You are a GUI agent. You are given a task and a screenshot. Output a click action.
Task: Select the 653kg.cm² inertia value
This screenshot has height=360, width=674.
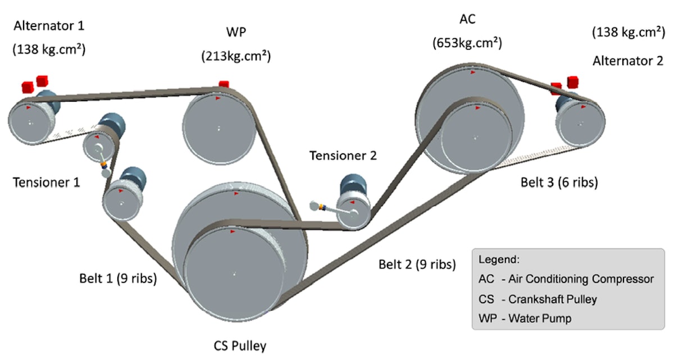(467, 43)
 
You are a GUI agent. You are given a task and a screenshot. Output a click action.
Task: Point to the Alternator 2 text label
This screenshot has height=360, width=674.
(628, 61)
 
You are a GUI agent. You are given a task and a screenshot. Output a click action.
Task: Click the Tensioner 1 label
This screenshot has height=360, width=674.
(46, 182)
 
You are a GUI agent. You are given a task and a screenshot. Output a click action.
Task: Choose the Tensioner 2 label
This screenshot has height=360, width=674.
(343, 155)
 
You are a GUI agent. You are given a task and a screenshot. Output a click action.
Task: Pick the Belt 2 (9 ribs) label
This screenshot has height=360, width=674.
(416, 265)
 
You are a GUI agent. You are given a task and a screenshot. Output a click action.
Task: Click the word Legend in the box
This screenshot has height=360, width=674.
(499, 260)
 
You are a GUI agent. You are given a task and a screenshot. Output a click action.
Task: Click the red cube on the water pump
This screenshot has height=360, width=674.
(224, 85)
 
